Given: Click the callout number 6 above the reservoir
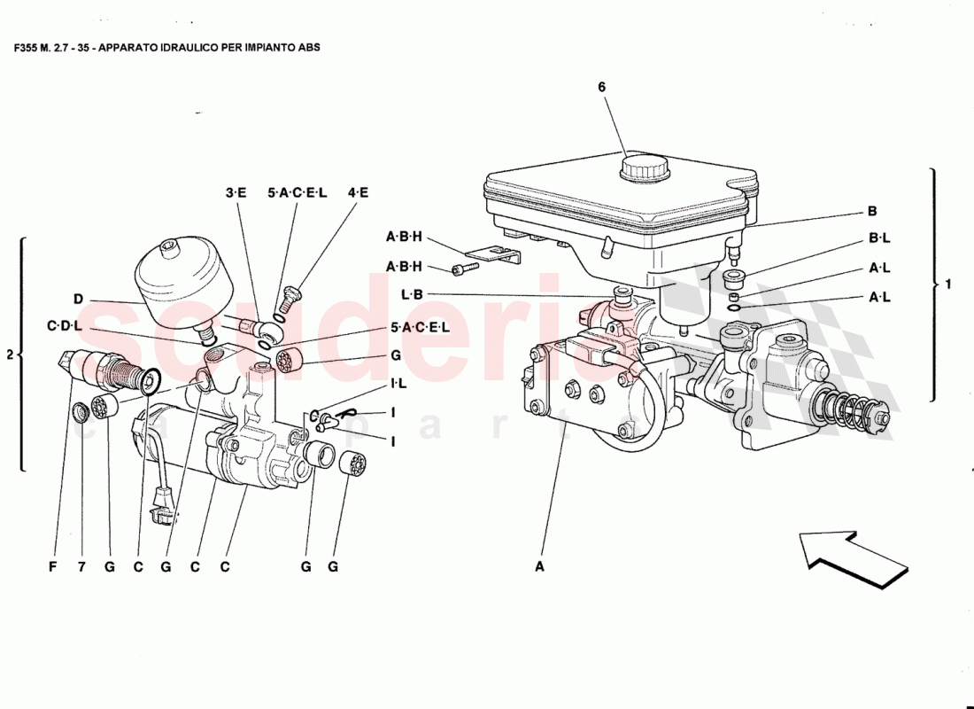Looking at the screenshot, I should (x=601, y=87).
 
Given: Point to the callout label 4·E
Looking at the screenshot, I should (x=358, y=192).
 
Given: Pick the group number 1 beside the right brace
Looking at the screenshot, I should (x=947, y=284).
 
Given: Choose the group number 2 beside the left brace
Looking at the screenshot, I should (x=10, y=354).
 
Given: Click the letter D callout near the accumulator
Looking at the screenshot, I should (x=78, y=300).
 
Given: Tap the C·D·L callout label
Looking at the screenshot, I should (x=64, y=326).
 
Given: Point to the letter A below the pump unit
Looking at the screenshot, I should (x=539, y=569).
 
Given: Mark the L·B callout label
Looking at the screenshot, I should (x=413, y=294).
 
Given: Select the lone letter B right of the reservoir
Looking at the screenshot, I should (x=871, y=212).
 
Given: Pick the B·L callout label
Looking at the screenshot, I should (x=879, y=238).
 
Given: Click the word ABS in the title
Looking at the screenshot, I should (x=309, y=47).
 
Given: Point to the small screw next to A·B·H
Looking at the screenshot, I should (x=461, y=269).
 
